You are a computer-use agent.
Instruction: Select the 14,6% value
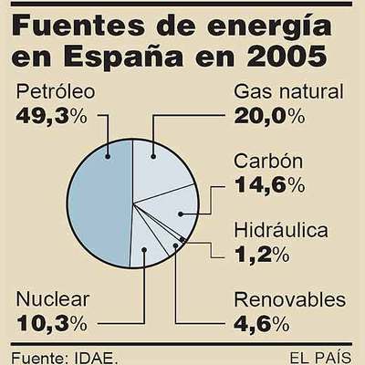click(269, 184)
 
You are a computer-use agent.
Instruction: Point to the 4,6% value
click(262, 322)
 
